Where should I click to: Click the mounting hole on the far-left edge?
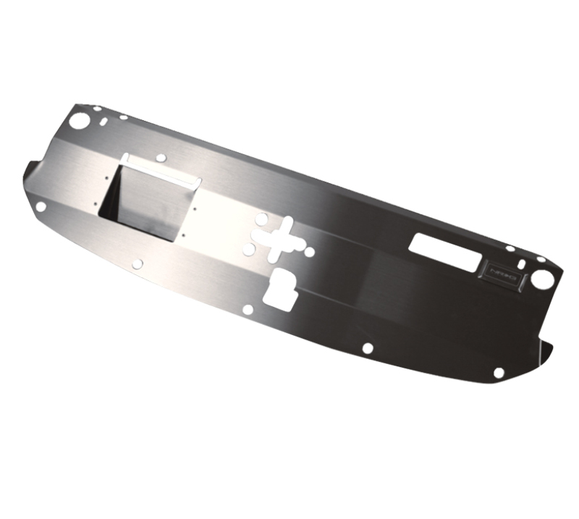(41, 206)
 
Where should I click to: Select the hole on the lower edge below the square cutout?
(138, 264)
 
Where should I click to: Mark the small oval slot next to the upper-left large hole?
(106, 121)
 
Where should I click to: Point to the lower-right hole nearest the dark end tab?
(498, 373)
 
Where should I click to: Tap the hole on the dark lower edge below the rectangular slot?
(367, 348)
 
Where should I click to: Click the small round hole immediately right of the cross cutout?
(309, 253)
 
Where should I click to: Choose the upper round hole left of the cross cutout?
(260, 218)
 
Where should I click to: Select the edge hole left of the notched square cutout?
(248, 310)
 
